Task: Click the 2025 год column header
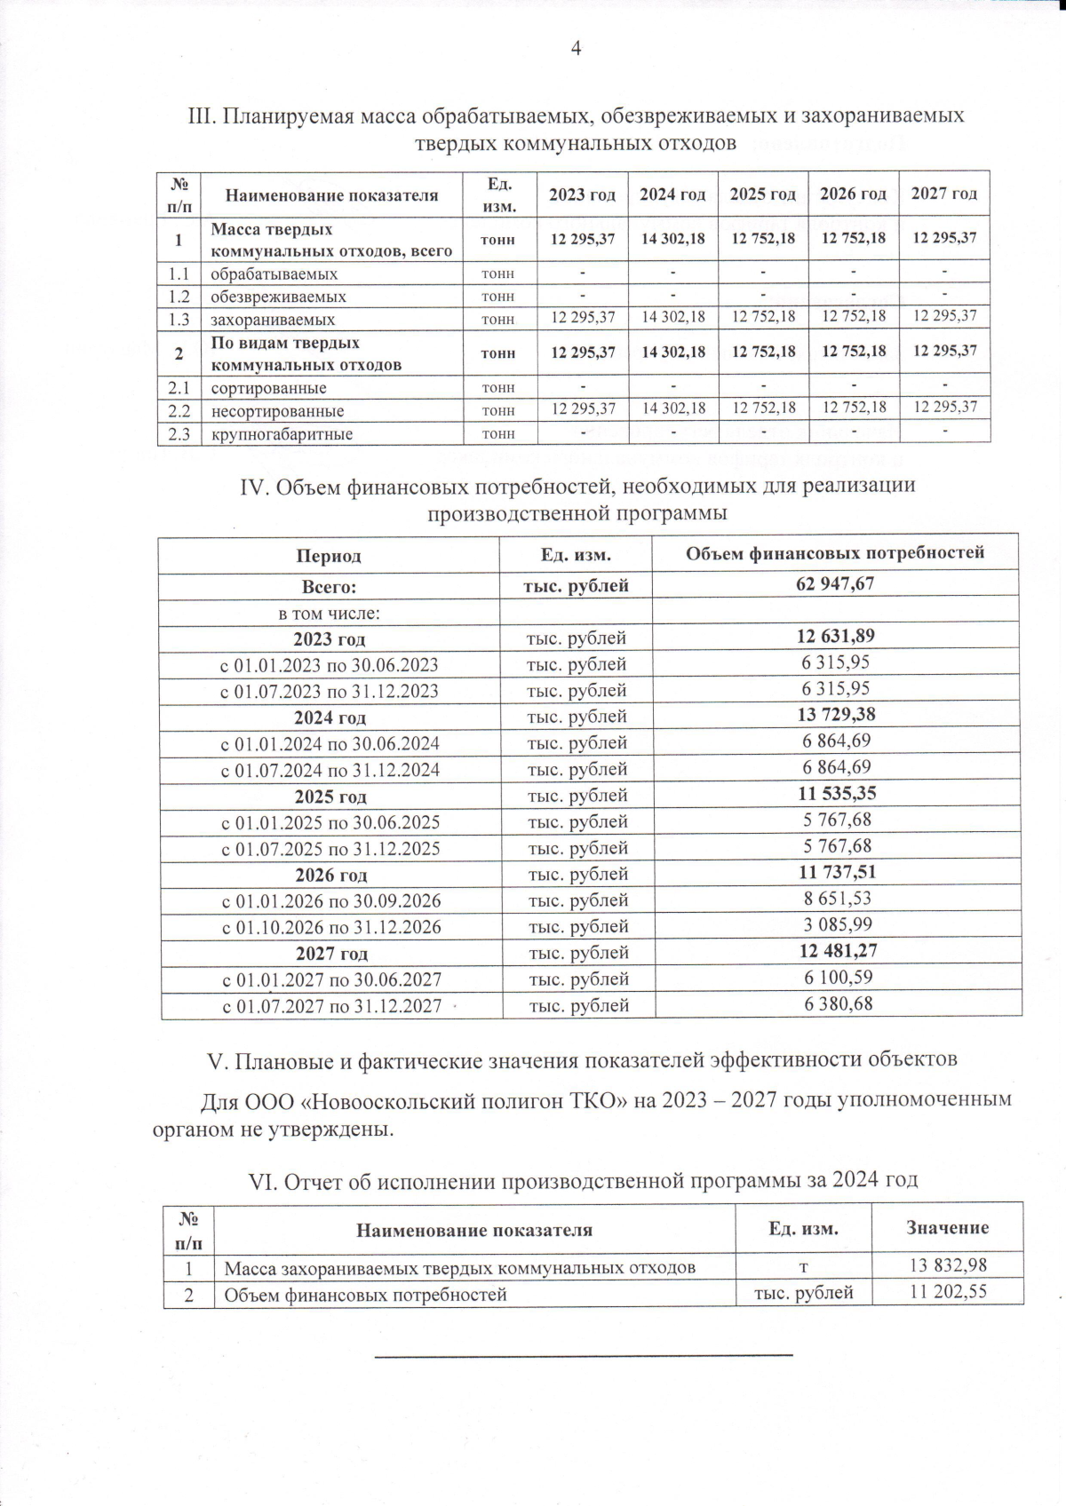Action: (x=762, y=194)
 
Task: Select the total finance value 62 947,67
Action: (x=836, y=584)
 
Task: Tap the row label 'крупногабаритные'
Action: (x=282, y=434)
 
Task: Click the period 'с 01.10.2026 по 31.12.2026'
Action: (x=331, y=927)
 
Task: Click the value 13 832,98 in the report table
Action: (x=948, y=1265)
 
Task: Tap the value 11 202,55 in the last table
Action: (x=948, y=1293)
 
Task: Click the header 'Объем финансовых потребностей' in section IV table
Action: (x=835, y=553)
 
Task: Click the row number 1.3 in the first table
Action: (x=179, y=319)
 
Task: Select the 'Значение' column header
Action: (x=947, y=1228)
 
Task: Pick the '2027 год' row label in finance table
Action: (x=331, y=954)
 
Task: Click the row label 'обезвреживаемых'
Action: (x=278, y=297)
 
